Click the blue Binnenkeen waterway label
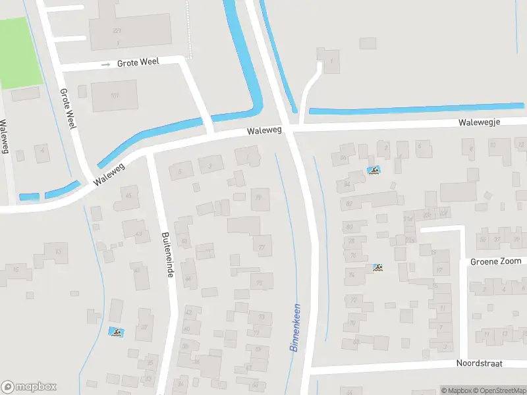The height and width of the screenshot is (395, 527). pos(295,327)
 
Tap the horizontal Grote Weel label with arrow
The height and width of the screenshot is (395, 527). pos(138,64)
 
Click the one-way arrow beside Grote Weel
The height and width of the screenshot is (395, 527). pos(105,65)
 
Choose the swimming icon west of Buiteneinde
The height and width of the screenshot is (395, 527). pos(116,332)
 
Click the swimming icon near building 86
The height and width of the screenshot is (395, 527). pos(374,172)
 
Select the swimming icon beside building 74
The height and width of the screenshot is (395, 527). pos(378,268)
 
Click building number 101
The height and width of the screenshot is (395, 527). pos(114,96)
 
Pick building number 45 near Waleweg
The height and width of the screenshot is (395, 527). pos(128,196)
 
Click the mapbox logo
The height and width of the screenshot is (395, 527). pos(29,387)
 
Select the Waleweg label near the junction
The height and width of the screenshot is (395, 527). pos(264,131)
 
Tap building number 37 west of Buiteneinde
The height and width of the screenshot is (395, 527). pos(144,327)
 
